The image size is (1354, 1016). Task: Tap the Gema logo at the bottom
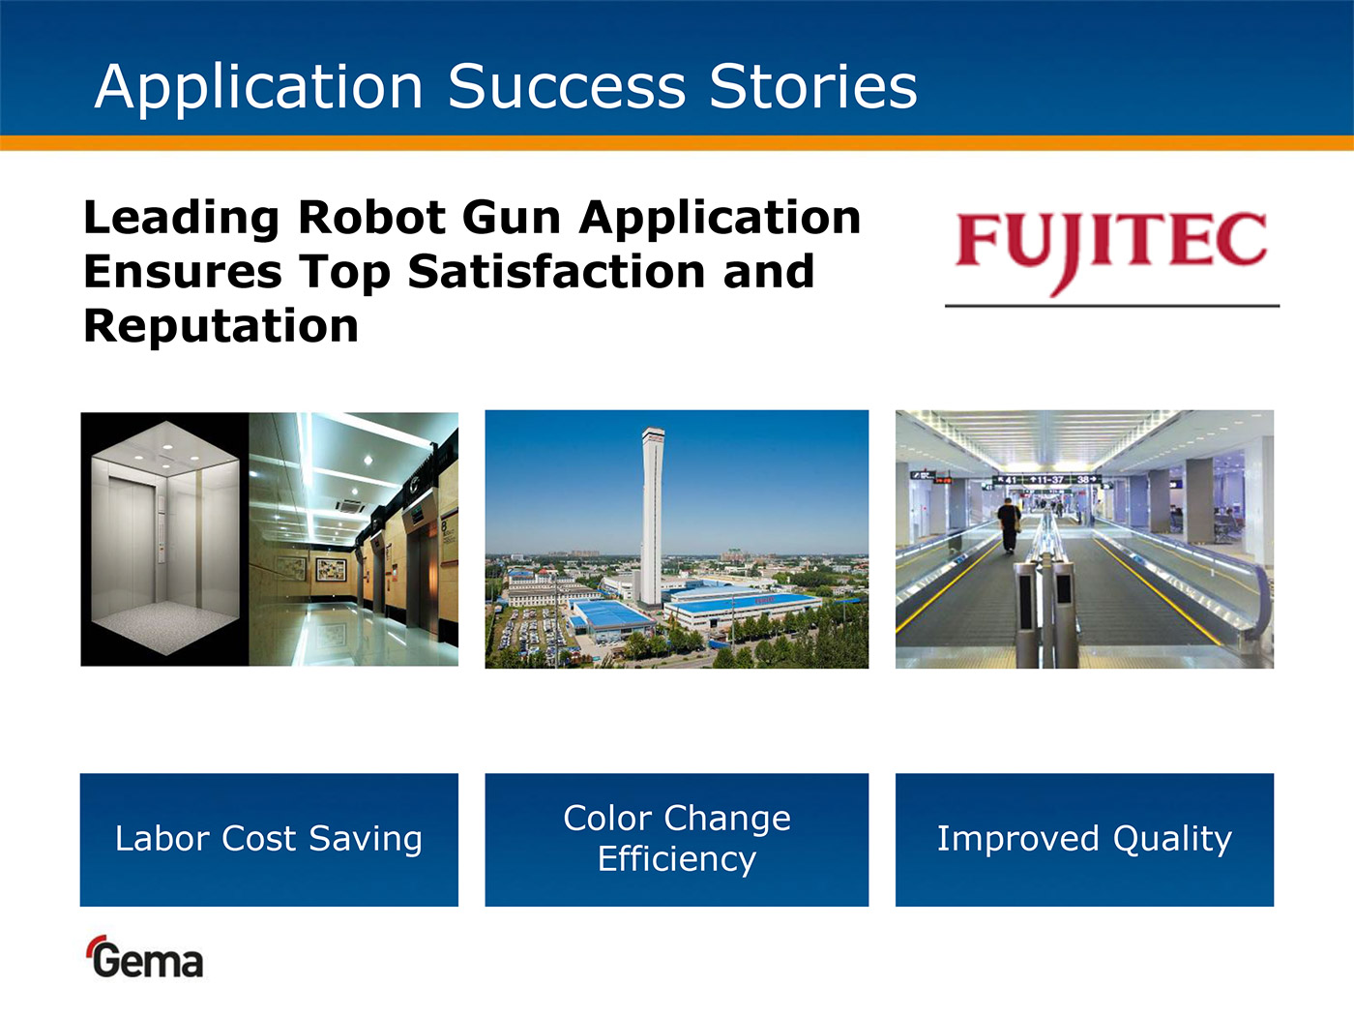click(144, 957)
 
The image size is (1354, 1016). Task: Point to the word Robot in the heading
click(371, 218)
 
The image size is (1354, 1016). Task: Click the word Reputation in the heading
click(221, 327)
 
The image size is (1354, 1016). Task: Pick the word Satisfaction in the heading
click(556, 272)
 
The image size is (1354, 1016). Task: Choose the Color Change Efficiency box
click(677, 840)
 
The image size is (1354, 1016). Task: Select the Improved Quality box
click(1084, 840)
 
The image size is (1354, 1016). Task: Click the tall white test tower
click(652, 516)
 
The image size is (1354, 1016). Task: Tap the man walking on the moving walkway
click(1009, 524)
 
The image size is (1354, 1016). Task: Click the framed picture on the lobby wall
click(332, 569)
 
